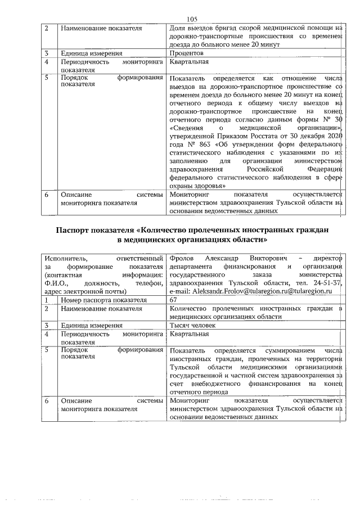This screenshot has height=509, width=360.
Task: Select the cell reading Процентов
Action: (x=188, y=53)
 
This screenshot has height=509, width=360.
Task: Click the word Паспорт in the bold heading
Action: (x=76, y=230)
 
